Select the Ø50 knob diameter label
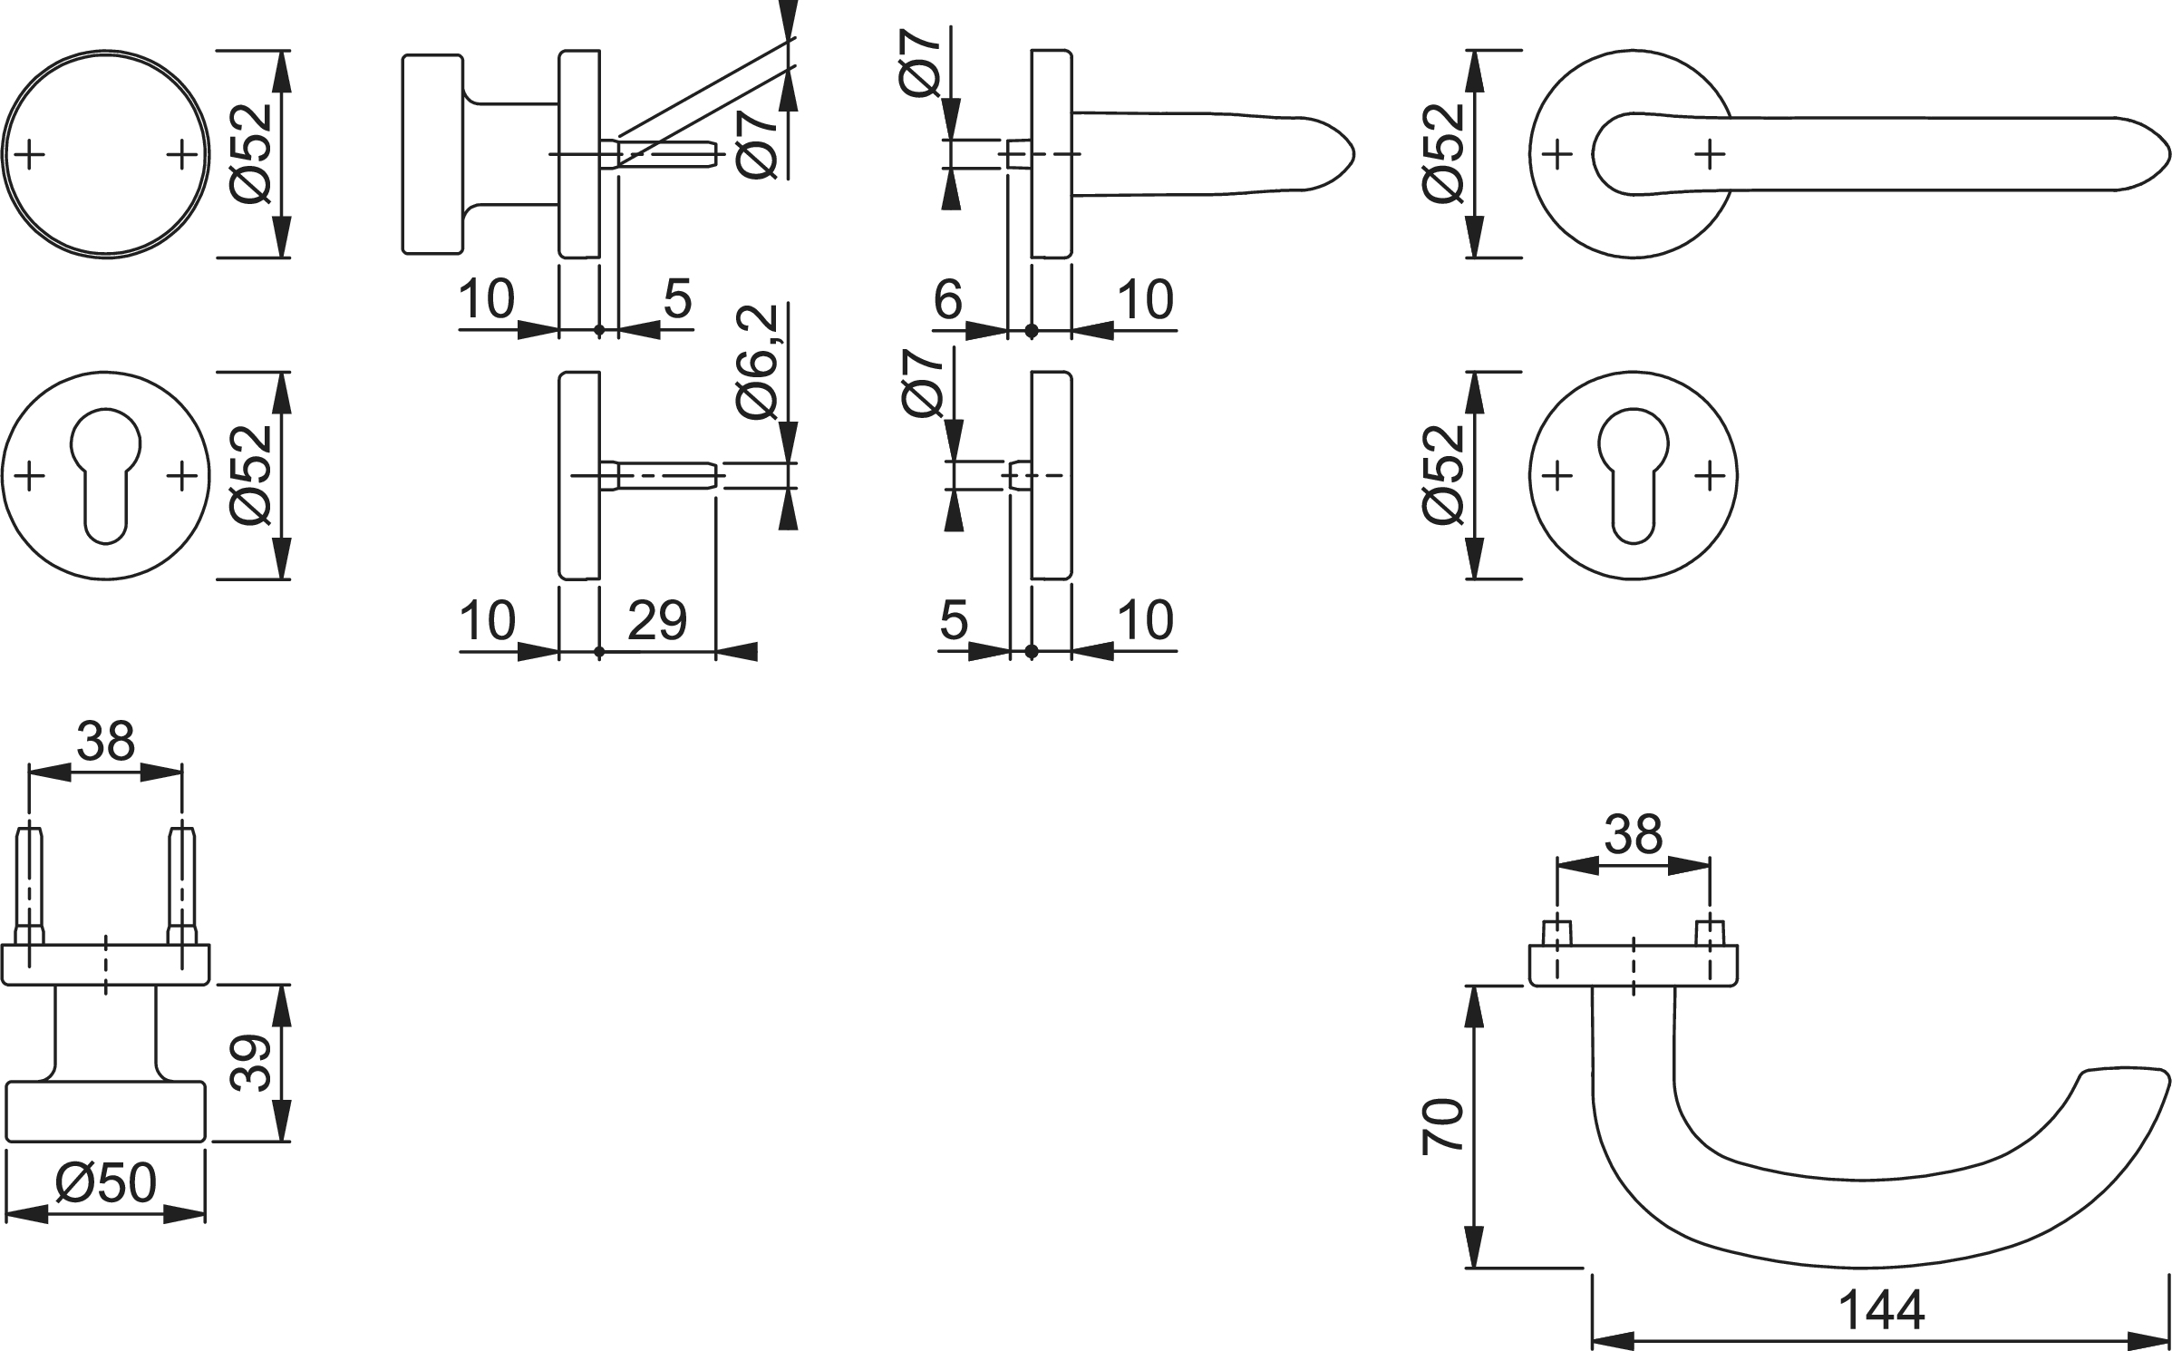pyautogui.click(x=106, y=1183)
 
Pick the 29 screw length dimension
pyautogui.click(x=657, y=621)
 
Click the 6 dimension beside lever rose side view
pyautogui.click(x=947, y=299)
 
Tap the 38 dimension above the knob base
pyautogui.click(x=105, y=742)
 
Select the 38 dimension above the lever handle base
pyautogui.click(x=1633, y=834)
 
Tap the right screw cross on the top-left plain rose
pyautogui.click(x=182, y=155)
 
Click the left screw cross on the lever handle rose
pyautogui.click(x=1557, y=155)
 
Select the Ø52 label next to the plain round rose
pyautogui.click(x=251, y=153)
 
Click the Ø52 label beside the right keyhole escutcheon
pyautogui.click(x=1443, y=474)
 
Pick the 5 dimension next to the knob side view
pyautogui.click(x=677, y=299)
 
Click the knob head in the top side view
pyautogui.click(x=433, y=153)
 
